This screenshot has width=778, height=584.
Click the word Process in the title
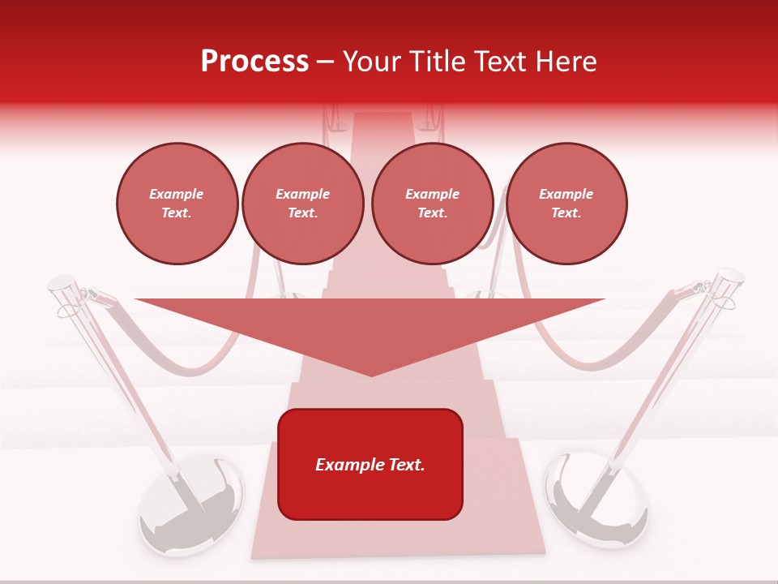(x=254, y=61)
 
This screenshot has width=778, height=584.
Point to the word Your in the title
(x=373, y=61)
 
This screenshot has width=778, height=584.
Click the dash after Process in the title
(x=325, y=62)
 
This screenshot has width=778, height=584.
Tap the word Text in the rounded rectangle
(x=406, y=465)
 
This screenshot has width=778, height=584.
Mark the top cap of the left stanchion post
(x=61, y=283)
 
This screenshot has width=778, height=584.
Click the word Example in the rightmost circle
(x=566, y=194)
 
